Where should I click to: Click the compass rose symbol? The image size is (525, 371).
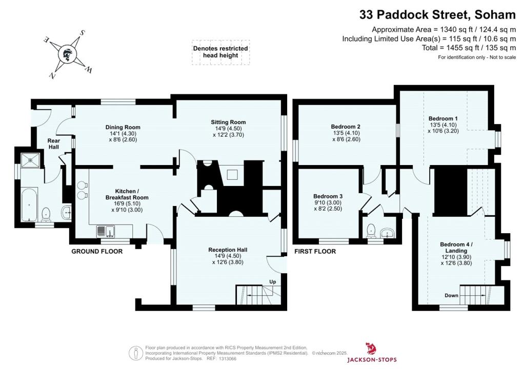coord(66,53)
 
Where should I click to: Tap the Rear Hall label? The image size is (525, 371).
coord(54,143)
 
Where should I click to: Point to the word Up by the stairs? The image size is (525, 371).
coord(273,281)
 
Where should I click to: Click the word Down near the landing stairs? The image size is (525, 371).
coord(451,296)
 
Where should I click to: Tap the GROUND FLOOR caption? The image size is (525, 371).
coord(97,252)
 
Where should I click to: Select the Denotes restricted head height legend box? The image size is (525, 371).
coord(220,52)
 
